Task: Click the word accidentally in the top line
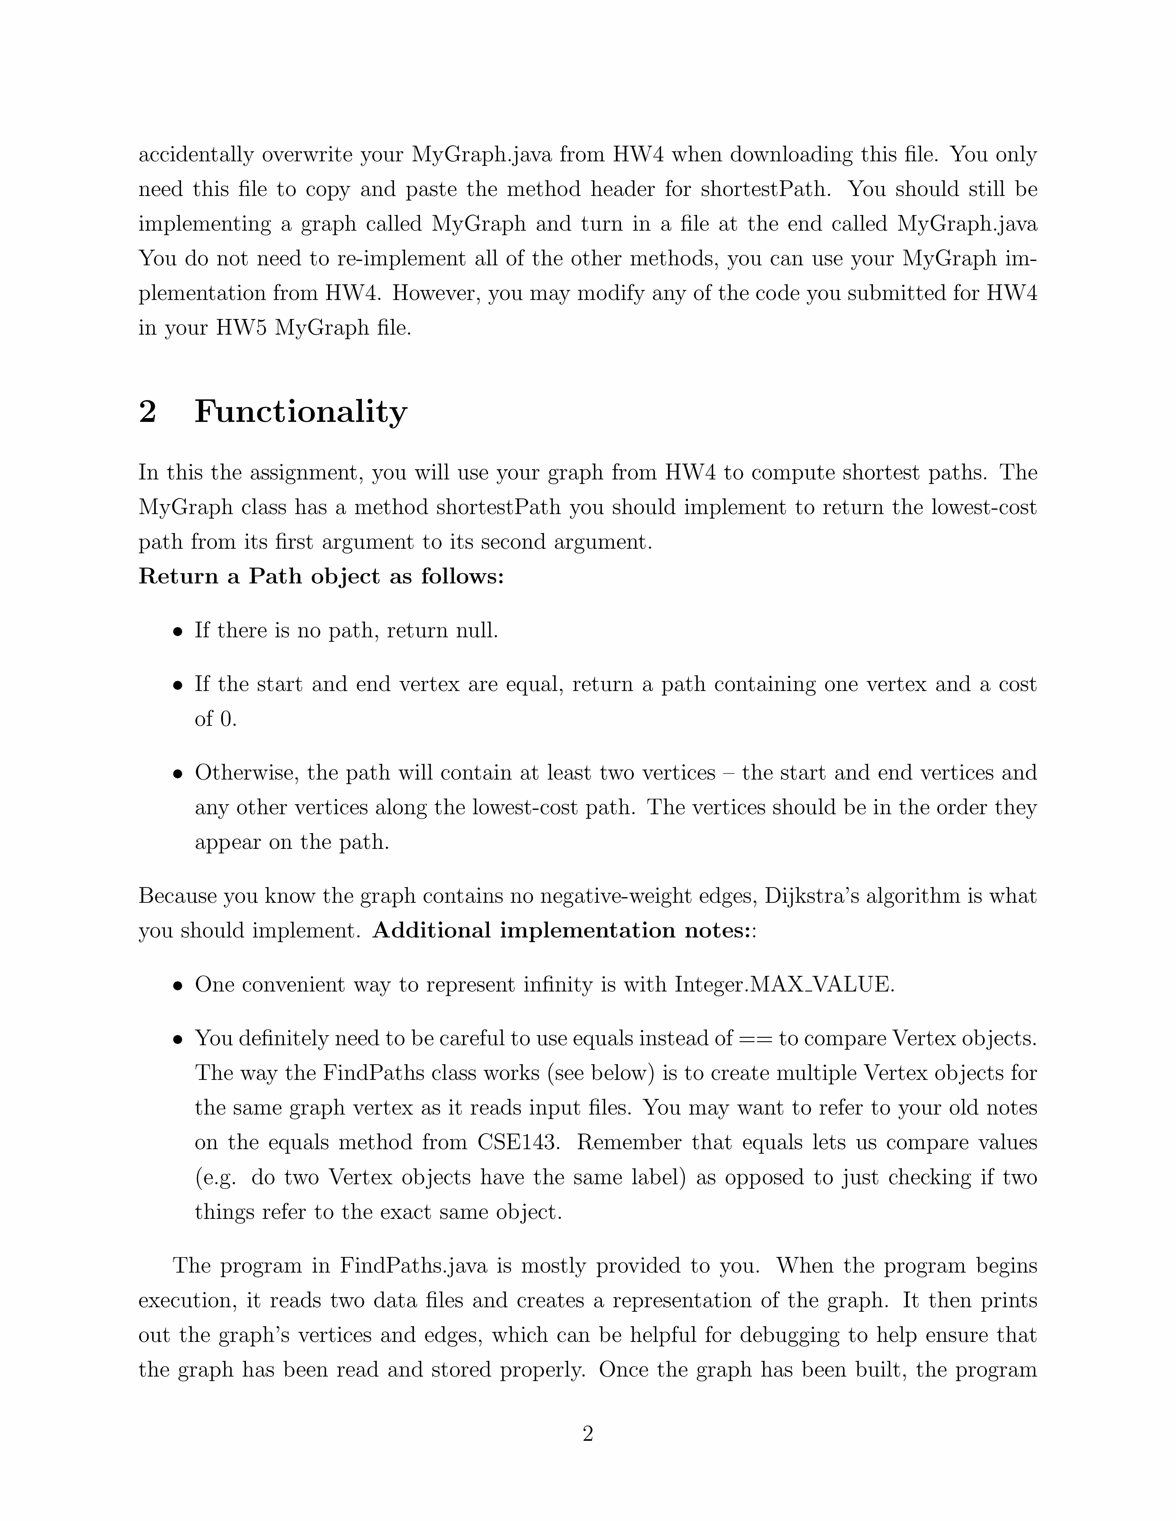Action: pyautogui.click(x=195, y=155)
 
